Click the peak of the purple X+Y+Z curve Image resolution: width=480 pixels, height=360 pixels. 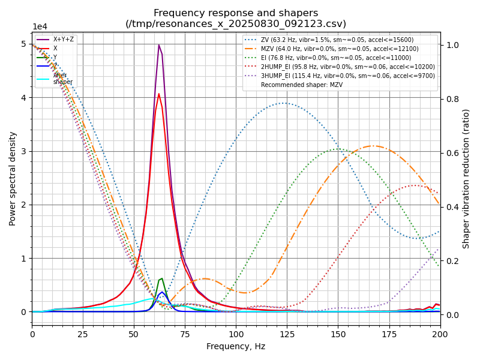tap(159, 45)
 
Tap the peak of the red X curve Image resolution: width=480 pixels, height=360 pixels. tap(159, 94)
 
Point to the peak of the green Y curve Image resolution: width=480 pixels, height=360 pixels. tap(161, 278)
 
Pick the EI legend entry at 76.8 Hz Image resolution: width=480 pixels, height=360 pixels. tap(336, 58)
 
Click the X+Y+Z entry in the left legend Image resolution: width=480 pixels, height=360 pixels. tap(64, 40)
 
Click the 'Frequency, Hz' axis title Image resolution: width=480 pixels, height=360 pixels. tap(236, 346)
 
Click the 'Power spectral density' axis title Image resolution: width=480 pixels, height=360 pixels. tap(13, 178)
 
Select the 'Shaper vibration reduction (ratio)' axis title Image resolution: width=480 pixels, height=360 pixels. tap(466, 178)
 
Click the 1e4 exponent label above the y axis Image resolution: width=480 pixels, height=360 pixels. tap(40, 27)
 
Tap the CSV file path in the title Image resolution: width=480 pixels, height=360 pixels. tap(236, 24)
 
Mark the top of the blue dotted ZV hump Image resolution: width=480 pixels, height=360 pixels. tap(284, 103)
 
